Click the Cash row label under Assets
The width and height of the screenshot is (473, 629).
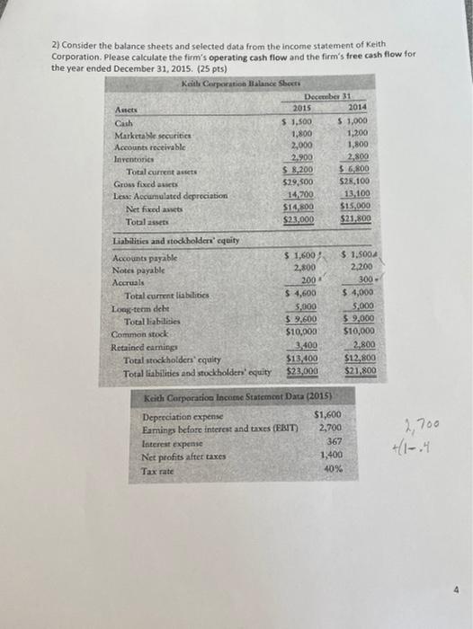124,122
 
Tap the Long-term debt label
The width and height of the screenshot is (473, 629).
138,307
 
